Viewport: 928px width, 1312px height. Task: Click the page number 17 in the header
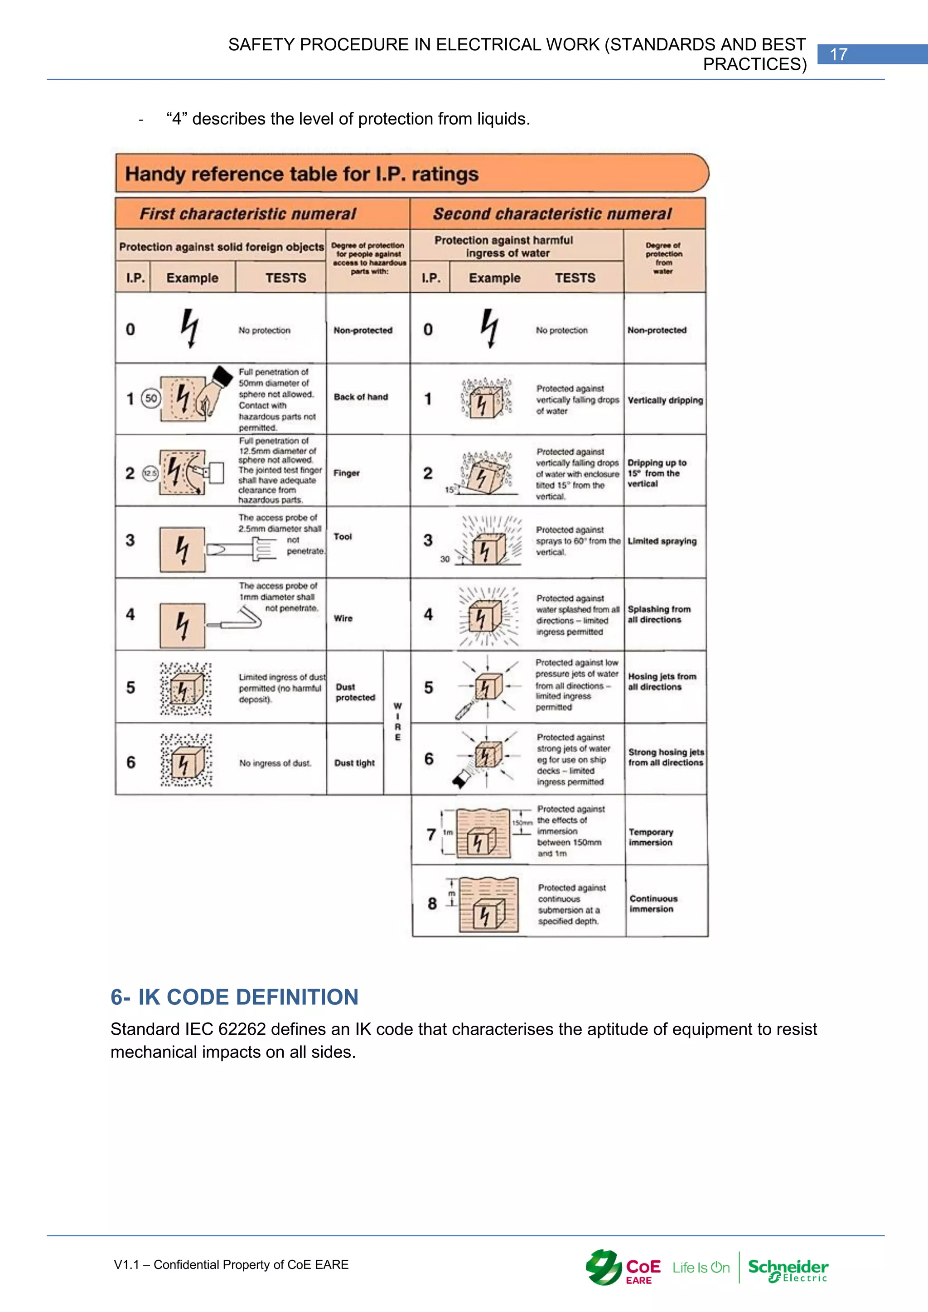[838, 54]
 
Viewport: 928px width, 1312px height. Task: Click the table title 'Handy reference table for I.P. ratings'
[302, 174]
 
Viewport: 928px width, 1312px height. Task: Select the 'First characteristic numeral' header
[247, 214]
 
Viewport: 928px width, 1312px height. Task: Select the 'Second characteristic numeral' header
[552, 214]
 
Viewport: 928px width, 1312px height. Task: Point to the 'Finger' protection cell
[346, 473]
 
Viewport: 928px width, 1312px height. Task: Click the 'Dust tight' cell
[354, 763]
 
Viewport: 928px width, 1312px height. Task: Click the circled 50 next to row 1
[151, 398]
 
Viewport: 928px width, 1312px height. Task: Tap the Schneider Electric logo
[788, 1270]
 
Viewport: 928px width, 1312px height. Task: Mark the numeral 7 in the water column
[431, 835]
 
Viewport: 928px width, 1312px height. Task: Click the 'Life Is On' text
[701, 1268]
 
